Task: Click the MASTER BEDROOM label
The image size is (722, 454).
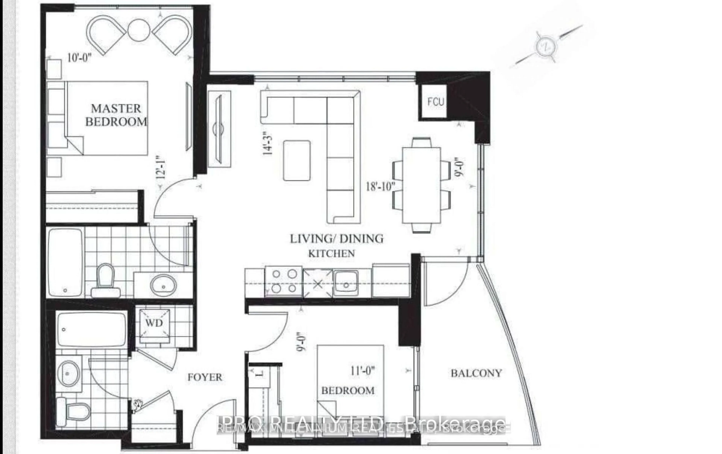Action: pyautogui.click(x=116, y=115)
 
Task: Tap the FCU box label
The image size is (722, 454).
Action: pyautogui.click(x=435, y=102)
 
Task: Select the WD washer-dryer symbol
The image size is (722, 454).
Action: pyautogui.click(x=154, y=323)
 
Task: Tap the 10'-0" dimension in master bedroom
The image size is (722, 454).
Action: pyautogui.click(x=79, y=58)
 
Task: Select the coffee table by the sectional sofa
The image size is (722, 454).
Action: pyautogui.click(x=297, y=160)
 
